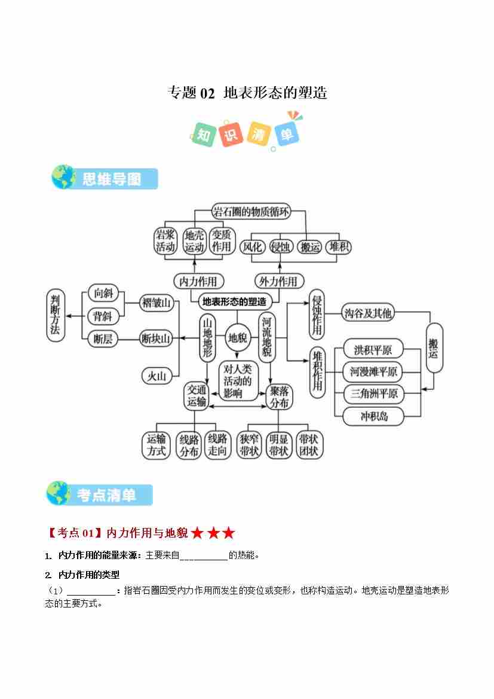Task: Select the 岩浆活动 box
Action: (x=165, y=241)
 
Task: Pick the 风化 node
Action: (x=252, y=246)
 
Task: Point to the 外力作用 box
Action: (x=278, y=281)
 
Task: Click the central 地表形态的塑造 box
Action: (x=234, y=301)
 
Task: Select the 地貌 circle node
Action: (x=237, y=338)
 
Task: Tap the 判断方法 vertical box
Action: (x=56, y=316)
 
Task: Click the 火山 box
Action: (x=157, y=376)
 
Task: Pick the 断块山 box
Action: (x=157, y=339)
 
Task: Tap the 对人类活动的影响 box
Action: (x=237, y=380)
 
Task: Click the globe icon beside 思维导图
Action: (x=63, y=178)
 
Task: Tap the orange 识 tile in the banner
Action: (x=231, y=134)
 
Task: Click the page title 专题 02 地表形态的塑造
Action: (x=247, y=93)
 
